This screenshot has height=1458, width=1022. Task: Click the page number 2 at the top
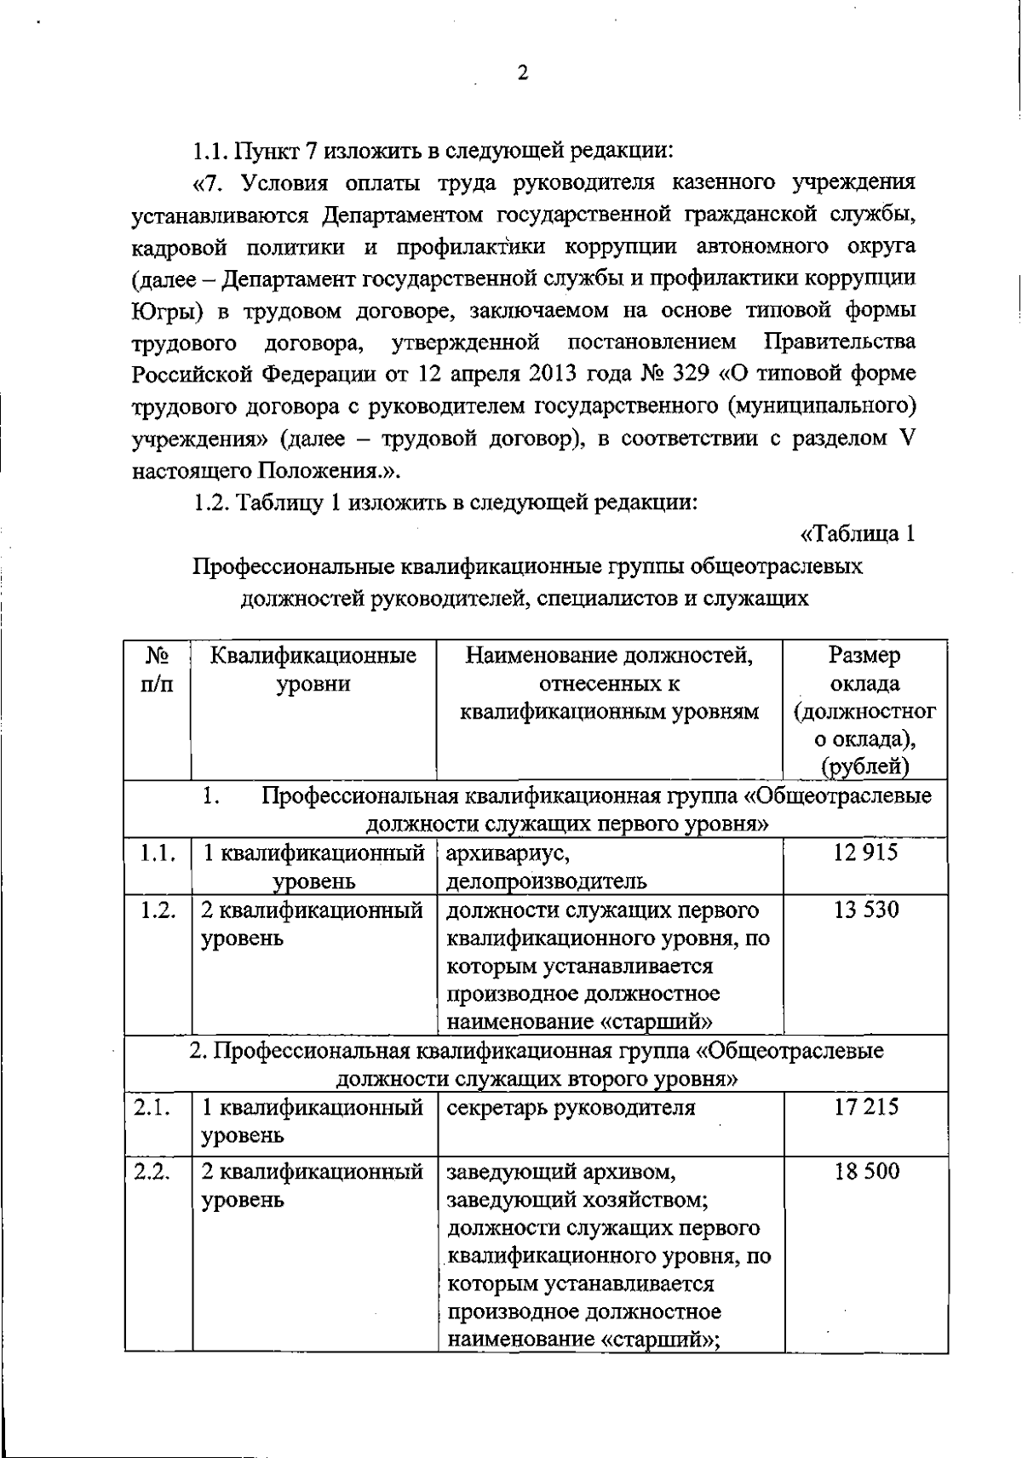tap(523, 73)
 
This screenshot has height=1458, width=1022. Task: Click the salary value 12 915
tap(865, 852)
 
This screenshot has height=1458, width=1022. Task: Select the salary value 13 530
tap(866, 910)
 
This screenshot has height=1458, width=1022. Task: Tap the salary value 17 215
tap(866, 1107)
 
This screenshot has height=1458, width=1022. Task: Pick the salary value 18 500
tap(866, 1171)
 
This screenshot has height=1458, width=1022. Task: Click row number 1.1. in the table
tap(158, 852)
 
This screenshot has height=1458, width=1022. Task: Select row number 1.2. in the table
tap(158, 910)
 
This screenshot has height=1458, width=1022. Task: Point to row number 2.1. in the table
tap(153, 1107)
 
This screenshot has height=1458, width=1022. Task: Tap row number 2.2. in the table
tap(153, 1171)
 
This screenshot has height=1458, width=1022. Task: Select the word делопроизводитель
tap(546, 881)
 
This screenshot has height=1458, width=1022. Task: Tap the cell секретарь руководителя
tap(571, 1107)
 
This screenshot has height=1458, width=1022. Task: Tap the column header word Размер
tap(864, 655)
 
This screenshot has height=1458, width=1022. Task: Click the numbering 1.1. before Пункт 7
tap(210, 152)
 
